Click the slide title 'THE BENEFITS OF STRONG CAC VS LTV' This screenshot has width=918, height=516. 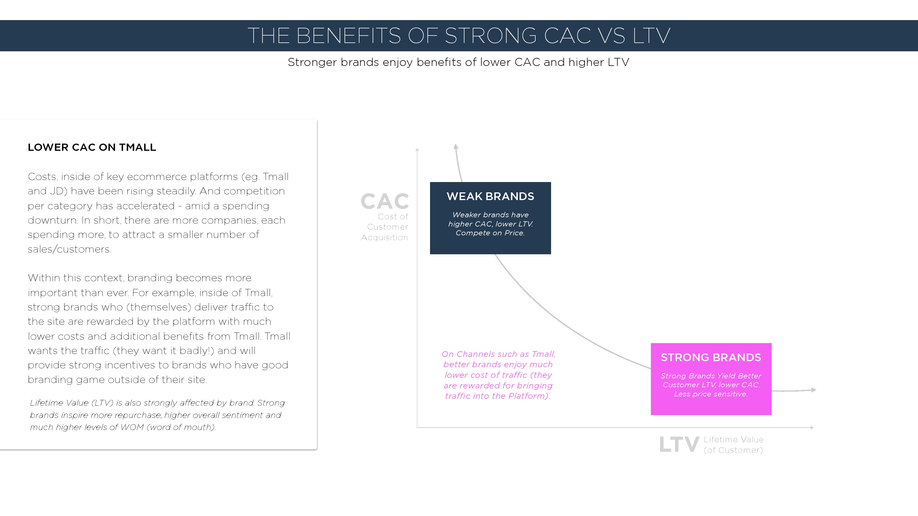(459, 36)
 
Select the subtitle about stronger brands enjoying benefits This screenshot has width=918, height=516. (458, 62)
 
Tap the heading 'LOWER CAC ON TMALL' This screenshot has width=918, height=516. (92, 147)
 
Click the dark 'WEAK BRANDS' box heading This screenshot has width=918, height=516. (490, 197)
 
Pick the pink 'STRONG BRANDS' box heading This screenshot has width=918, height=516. (711, 357)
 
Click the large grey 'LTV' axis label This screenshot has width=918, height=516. (679, 445)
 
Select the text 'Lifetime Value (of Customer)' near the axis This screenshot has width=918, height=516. (734, 445)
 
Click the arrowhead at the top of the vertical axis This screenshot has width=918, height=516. (417, 150)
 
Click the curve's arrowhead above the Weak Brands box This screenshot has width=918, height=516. (456, 146)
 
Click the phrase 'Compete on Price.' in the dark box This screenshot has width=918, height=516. (490, 233)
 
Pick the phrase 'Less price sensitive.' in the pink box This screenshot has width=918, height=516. (711, 394)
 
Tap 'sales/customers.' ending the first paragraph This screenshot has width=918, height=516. (69, 249)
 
